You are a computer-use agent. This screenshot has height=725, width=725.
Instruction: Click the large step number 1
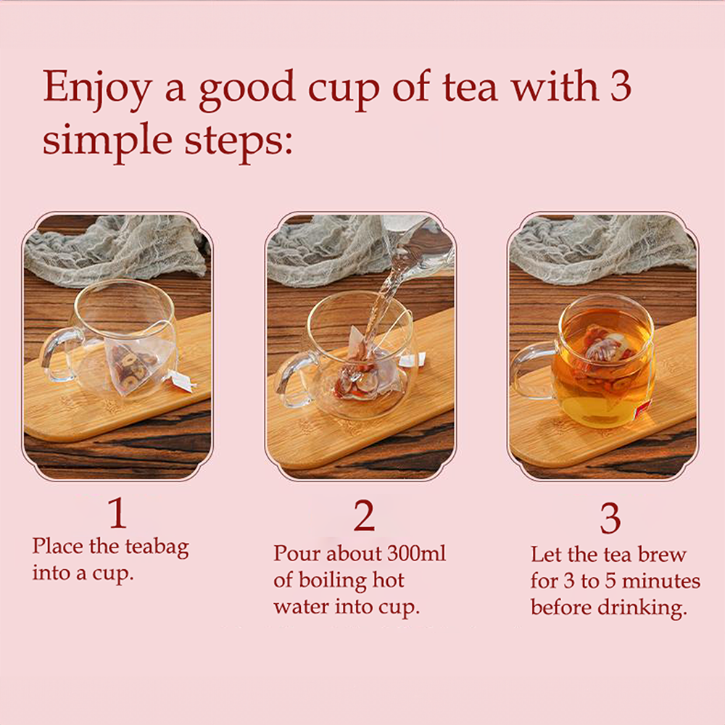[118, 513]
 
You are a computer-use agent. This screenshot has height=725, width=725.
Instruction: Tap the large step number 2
[365, 515]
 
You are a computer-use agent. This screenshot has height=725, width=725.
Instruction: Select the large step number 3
[610, 518]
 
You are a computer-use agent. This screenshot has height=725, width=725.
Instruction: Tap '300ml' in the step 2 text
[417, 553]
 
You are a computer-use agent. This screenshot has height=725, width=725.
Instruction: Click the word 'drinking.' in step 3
[642, 608]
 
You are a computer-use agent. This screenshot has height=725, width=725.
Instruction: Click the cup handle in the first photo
[57, 354]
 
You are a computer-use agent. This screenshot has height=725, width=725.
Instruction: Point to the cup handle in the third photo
[531, 370]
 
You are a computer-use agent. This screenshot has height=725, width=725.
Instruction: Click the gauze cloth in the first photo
[115, 249]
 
